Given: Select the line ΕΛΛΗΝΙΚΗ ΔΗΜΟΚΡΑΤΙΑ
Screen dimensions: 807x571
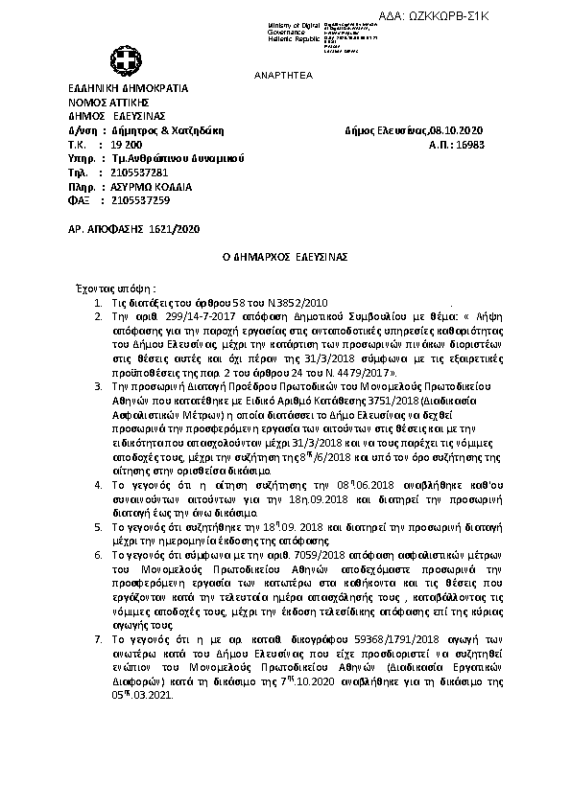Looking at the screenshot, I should (x=128, y=88).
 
